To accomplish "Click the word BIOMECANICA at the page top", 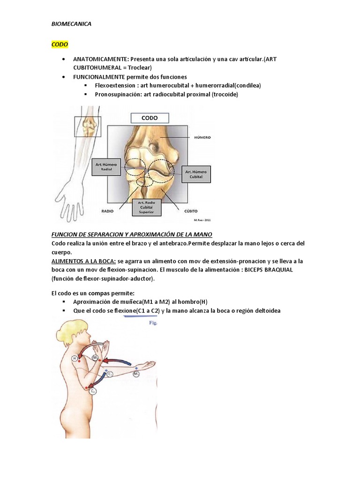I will pos(71,24).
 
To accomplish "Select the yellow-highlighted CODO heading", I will pos(60,45).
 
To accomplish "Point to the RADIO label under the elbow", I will pos(108,211).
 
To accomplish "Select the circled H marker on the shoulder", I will pos(75,358).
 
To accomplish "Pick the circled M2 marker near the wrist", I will pos(96,358).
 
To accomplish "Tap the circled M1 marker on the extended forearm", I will pos(135,374).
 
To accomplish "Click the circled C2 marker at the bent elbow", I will pos(93,390).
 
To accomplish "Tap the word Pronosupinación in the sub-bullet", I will pos(117,94).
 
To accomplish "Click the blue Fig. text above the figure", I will pos(153,323).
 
